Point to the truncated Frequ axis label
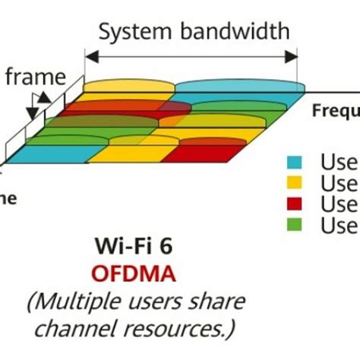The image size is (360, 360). [x=336, y=112]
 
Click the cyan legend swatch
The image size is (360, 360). [x=296, y=162]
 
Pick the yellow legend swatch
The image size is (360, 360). [x=296, y=183]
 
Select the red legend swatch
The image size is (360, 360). [x=296, y=204]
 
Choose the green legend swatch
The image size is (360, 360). [x=296, y=226]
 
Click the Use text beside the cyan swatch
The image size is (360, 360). [x=338, y=162]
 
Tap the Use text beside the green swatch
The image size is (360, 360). [x=338, y=226]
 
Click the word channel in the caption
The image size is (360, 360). [x=79, y=330]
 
